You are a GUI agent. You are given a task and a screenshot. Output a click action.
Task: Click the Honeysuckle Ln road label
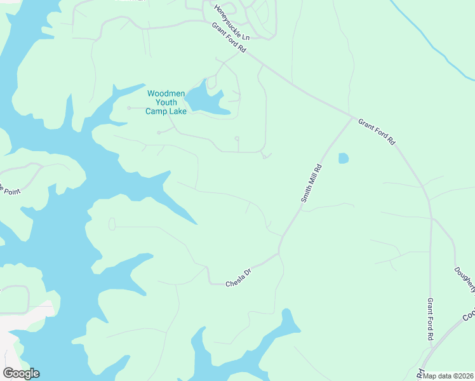(x=232, y=23)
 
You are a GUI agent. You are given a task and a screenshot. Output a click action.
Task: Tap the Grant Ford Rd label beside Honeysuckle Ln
(x=229, y=38)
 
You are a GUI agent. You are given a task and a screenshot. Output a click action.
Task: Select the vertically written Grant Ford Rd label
(x=430, y=320)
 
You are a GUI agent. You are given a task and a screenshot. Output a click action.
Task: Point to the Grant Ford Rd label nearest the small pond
(x=377, y=131)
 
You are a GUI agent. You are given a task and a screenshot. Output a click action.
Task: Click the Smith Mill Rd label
(x=312, y=184)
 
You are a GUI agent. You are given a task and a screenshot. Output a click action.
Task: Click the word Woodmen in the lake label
(x=166, y=93)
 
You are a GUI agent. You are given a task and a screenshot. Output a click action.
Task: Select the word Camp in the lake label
(x=156, y=111)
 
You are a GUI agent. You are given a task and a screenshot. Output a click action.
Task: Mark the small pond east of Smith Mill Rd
(x=344, y=158)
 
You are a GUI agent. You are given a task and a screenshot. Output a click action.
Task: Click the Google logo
(x=21, y=373)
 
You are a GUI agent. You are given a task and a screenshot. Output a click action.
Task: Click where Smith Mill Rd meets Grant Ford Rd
(x=352, y=117)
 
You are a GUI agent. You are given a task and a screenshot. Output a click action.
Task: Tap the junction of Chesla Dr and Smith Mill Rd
(x=279, y=253)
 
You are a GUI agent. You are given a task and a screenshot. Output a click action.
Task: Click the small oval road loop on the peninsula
(x=112, y=224)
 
